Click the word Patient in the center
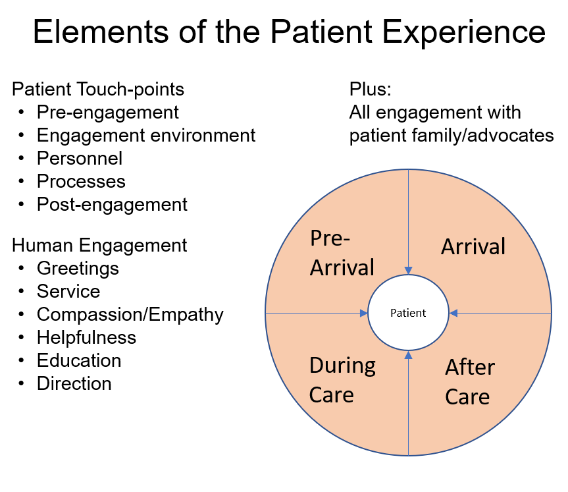pos(408,313)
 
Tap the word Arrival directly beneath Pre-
pos(342,268)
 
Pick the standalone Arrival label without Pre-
pos(473,247)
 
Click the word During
pos(342,366)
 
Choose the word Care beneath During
pos(332,395)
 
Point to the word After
pos(470,368)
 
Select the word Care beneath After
pos(467,397)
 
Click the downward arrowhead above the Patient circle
pos(408,270)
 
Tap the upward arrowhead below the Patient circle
pos(408,356)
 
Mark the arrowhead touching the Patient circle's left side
pos(363,313)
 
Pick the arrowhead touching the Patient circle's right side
pos(453,313)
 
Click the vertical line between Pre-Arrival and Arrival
pos(408,217)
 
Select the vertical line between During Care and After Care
pos(408,408)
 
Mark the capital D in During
pos(316,366)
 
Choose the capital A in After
pos(453,368)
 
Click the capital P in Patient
pos(393,313)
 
